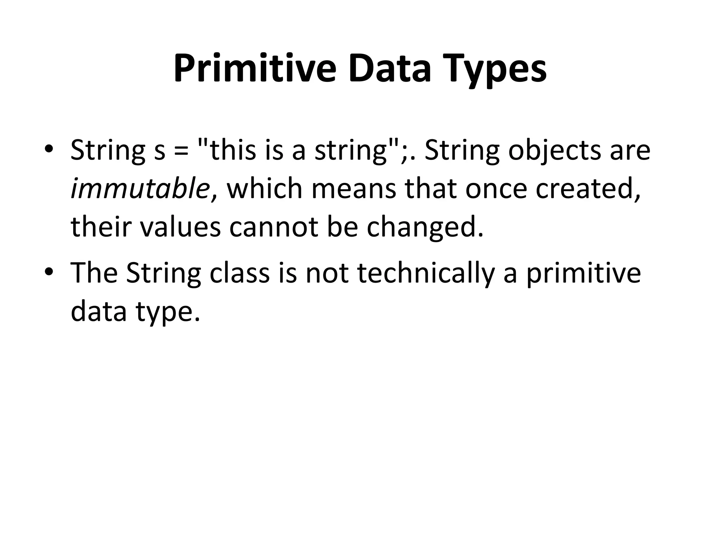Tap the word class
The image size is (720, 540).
pos(239,273)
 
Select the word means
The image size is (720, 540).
pos(353,188)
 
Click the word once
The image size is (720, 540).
pos(496,188)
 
